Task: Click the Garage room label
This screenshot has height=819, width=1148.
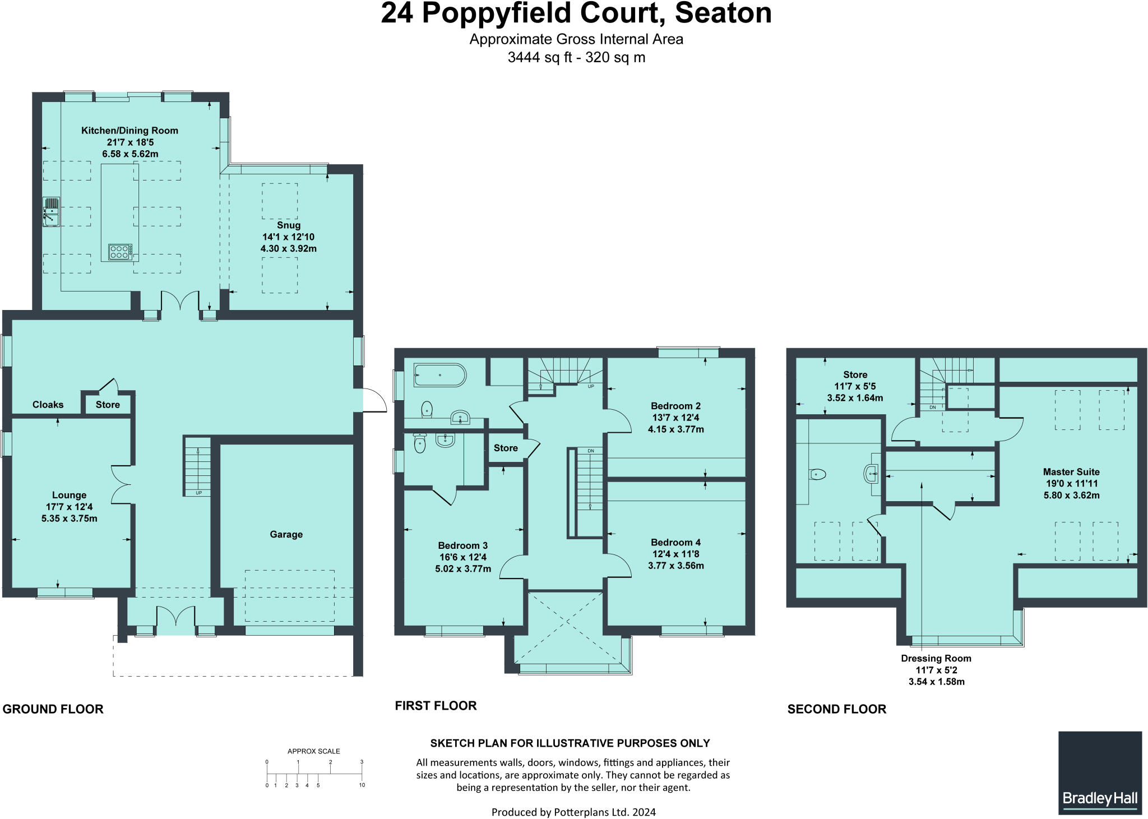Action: click(286, 534)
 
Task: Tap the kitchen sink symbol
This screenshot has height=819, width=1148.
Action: click(52, 211)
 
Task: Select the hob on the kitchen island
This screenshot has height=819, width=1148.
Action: click(120, 252)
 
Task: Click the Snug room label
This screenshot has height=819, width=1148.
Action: click(289, 225)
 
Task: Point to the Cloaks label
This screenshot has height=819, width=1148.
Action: click(48, 404)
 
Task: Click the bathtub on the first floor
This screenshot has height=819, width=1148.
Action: click(439, 375)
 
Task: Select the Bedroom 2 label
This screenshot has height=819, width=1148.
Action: click(675, 406)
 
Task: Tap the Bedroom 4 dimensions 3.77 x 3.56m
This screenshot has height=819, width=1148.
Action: click(675, 566)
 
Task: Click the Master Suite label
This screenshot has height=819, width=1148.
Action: click(1071, 472)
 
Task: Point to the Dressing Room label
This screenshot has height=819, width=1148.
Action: click(936, 658)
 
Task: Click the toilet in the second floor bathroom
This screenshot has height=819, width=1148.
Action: click(818, 475)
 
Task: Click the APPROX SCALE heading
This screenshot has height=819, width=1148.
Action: click(313, 751)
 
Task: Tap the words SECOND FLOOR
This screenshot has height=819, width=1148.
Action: click(836, 709)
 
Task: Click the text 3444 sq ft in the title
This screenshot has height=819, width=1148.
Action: click(539, 57)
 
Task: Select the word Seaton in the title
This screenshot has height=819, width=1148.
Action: click(723, 13)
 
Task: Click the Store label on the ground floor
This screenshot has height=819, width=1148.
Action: click(108, 405)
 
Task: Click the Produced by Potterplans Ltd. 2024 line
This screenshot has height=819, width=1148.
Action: click(573, 812)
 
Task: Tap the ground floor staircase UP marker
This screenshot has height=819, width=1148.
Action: click(198, 493)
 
